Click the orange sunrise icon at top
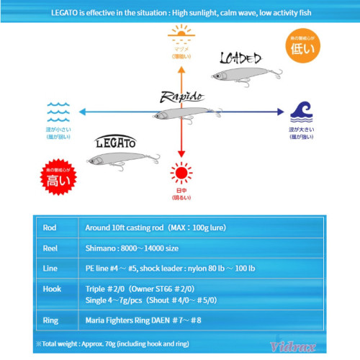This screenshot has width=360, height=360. tap(181, 33)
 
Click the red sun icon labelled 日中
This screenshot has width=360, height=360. tap(181, 173)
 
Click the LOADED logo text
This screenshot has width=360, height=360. tap(241, 59)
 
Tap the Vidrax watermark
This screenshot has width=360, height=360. tap(324, 346)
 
